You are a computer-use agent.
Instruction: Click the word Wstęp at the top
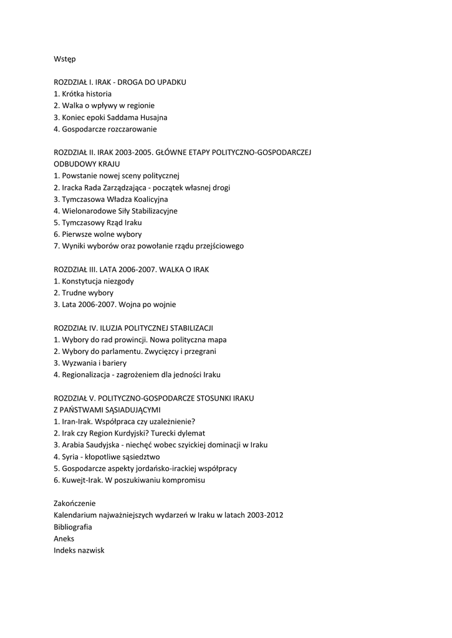click(x=65, y=59)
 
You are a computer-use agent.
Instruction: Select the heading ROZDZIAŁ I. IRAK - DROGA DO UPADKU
click(x=120, y=82)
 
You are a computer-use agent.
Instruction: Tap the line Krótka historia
click(x=87, y=94)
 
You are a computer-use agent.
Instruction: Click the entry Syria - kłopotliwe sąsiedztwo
click(x=108, y=457)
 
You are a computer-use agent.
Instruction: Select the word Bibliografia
click(x=73, y=526)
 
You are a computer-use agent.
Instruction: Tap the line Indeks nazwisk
click(x=79, y=550)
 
